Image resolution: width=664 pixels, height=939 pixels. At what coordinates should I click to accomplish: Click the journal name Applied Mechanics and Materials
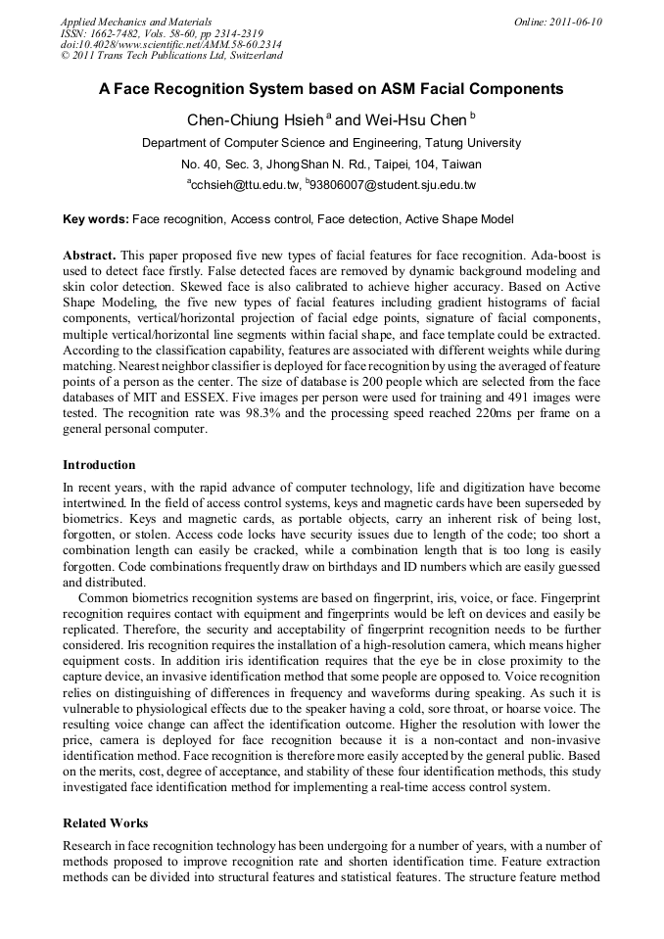click(136, 22)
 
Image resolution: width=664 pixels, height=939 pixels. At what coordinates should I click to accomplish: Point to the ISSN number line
click(162, 33)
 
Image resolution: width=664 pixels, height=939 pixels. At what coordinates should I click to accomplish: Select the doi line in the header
click(171, 44)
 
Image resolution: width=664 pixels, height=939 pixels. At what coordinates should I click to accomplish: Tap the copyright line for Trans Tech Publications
click(171, 56)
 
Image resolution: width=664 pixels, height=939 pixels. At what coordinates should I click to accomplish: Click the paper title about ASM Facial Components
click(331, 89)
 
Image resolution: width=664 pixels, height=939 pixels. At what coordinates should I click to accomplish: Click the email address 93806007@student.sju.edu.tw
click(393, 185)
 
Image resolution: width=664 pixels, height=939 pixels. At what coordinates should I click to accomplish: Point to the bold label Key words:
click(95, 219)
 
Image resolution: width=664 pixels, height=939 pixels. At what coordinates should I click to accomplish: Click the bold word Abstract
click(90, 254)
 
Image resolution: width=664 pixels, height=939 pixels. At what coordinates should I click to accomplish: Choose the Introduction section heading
click(99, 465)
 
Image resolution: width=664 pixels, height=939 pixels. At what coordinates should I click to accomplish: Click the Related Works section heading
click(105, 823)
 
